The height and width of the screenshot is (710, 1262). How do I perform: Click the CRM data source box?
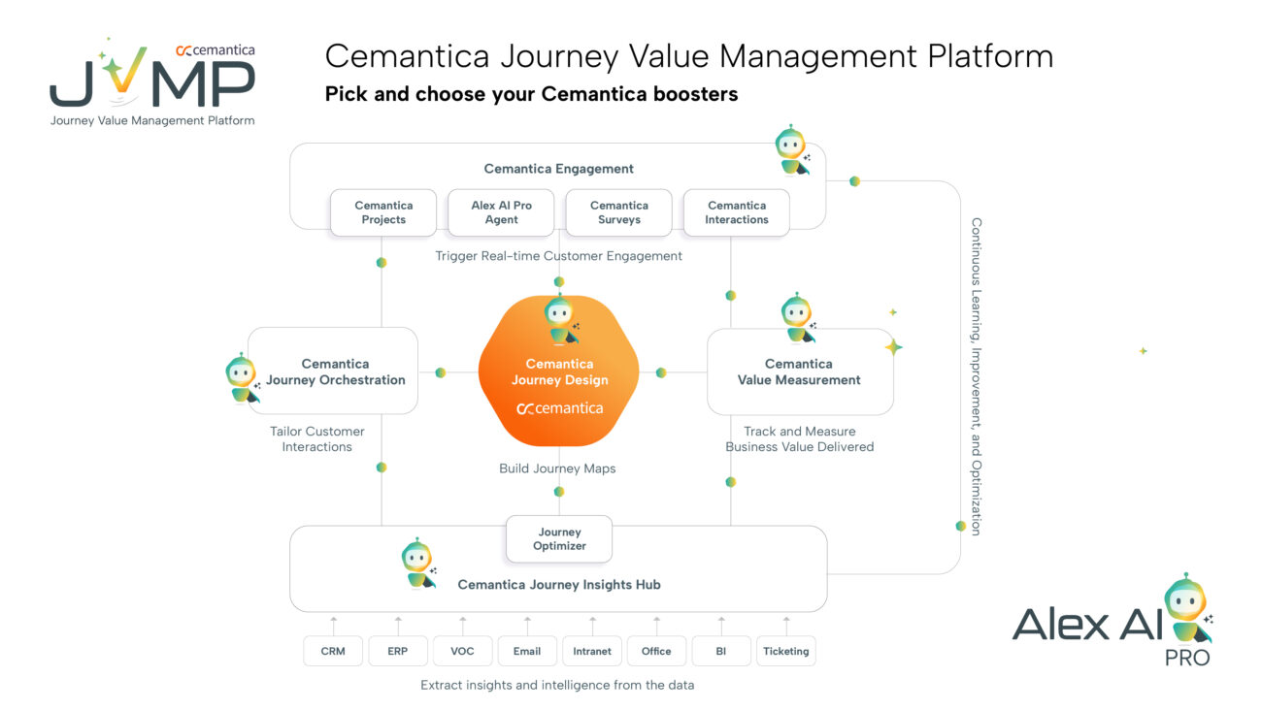tap(333, 651)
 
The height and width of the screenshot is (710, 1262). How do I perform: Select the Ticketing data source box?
tap(785, 651)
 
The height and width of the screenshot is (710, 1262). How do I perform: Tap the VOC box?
tap(462, 651)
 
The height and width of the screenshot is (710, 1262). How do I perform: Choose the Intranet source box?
tap(592, 651)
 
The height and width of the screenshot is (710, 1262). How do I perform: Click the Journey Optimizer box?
tap(559, 539)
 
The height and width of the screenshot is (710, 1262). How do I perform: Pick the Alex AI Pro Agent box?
tap(501, 212)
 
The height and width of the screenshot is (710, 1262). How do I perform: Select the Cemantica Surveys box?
tap(618, 212)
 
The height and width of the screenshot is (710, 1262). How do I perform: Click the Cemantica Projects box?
tap(383, 212)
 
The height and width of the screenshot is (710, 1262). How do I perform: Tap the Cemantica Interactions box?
tap(737, 212)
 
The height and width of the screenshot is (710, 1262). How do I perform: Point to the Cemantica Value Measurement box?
tap(799, 372)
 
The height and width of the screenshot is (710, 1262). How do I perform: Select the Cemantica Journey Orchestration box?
tap(335, 372)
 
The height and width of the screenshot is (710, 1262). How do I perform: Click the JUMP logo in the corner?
tap(152, 82)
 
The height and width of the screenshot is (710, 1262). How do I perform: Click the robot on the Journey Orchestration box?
tap(242, 378)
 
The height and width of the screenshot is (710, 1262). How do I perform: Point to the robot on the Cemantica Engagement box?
tap(792, 151)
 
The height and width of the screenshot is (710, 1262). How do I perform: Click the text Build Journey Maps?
tap(557, 468)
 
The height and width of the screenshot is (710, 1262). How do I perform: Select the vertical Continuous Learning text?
tap(977, 375)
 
